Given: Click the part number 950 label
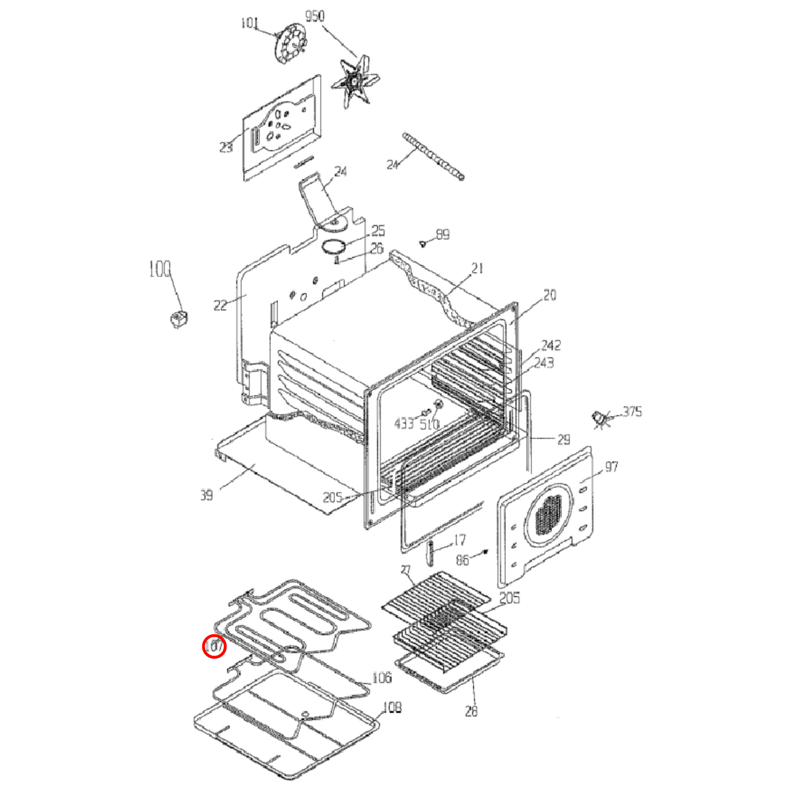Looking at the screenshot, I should [x=315, y=17].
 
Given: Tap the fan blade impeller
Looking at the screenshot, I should [x=354, y=81].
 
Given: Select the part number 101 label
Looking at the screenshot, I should [x=249, y=23].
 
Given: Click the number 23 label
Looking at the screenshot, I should [x=226, y=147].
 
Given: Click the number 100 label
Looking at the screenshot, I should [x=160, y=270].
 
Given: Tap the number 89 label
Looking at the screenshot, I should [x=443, y=234].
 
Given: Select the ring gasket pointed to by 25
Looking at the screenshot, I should [x=334, y=246].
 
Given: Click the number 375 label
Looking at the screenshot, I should [x=632, y=411].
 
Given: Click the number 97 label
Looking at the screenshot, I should [x=611, y=466].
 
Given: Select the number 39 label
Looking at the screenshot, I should [x=207, y=496].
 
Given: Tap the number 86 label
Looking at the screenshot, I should [x=462, y=560].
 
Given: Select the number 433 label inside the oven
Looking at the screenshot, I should [x=404, y=424].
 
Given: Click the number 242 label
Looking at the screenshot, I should [x=551, y=345].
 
